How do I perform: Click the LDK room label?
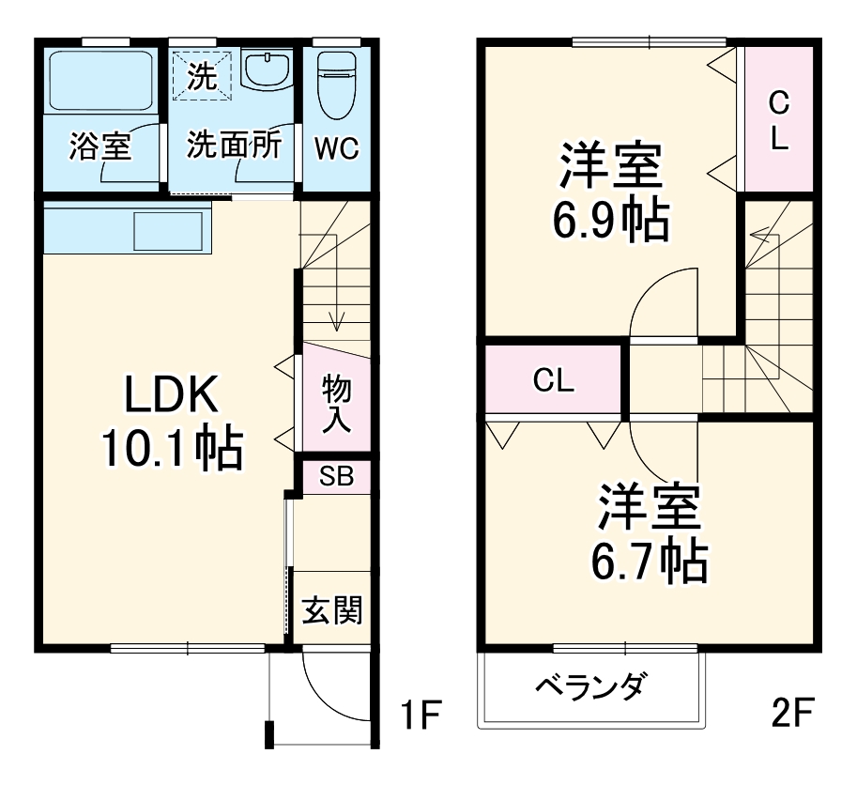pyautogui.click(x=173, y=396)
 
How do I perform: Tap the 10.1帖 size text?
pyautogui.click(x=173, y=450)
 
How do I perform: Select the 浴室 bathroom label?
pyautogui.click(x=100, y=146)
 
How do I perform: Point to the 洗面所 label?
pyautogui.click(x=234, y=146)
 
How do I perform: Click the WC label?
pyautogui.click(x=336, y=148)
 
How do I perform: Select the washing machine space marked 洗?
pyautogui.click(x=200, y=74)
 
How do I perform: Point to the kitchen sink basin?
pyautogui.click(x=171, y=231)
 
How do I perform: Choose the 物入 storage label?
pyautogui.click(x=336, y=403)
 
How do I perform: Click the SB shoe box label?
pyautogui.click(x=336, y=476)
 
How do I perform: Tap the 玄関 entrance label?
pyautogui.click(x=331, y=611)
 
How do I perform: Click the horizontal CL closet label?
pyautogui.click(x=554, y=380)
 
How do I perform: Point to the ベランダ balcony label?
pyautogui.click(x=590, y=687)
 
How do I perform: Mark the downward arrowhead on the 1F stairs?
pyautogui.click(x=337, y=329)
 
